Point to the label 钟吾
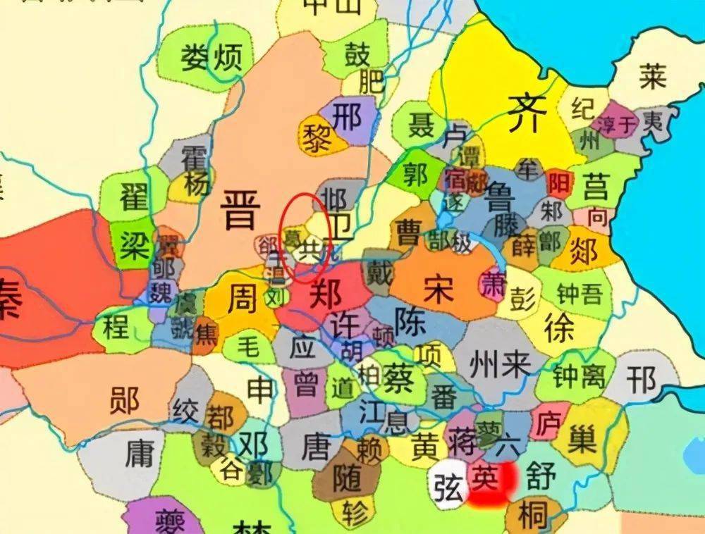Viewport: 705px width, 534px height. click(580, 294)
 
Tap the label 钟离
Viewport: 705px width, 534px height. click(580, 378)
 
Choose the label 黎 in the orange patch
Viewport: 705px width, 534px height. click(314, 138)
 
